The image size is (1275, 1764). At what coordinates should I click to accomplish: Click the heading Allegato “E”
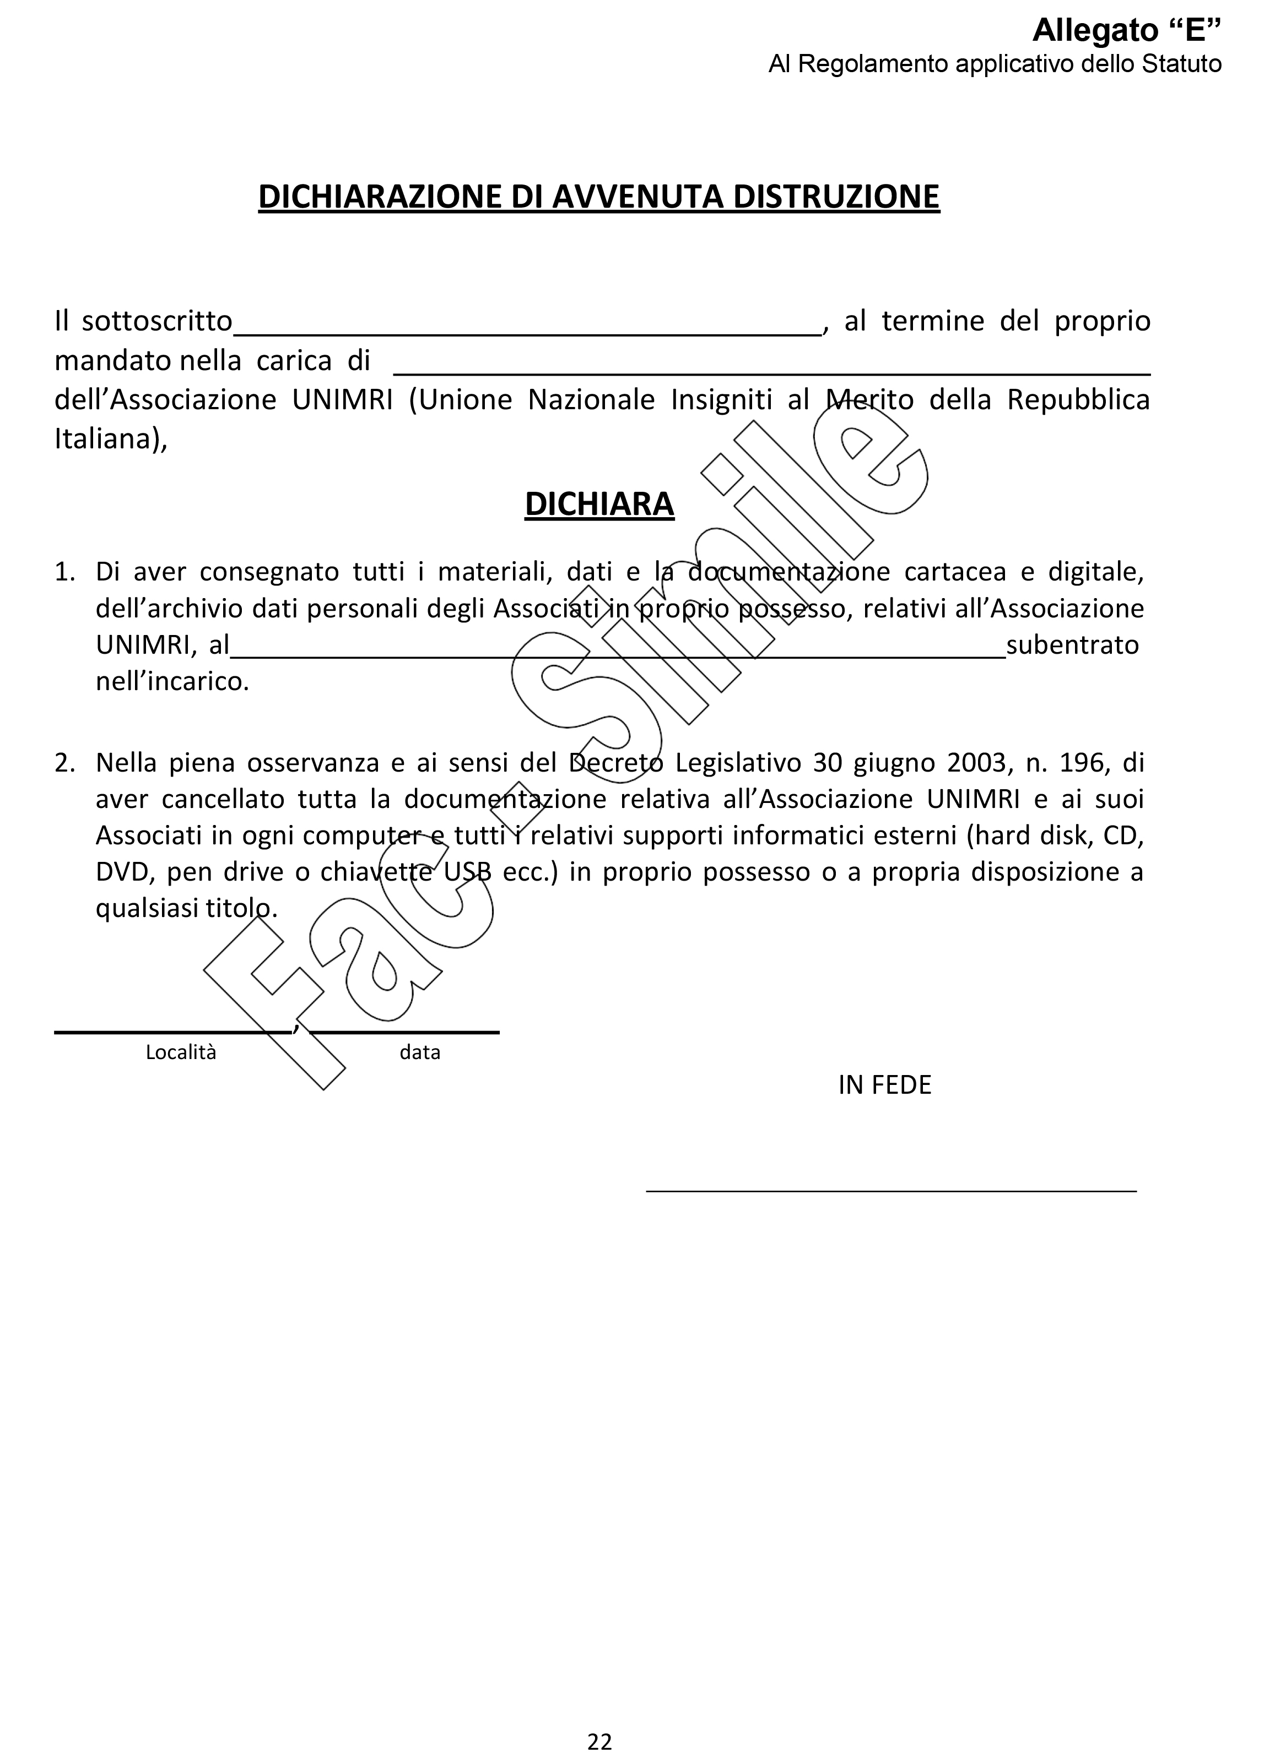pyautogui.click(x=1126, y=30)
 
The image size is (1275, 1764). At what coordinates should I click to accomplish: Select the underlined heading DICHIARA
pyautogui.click(x=599, y=504)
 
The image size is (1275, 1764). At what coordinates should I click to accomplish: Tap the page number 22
pyautogui.click(x=600, y=1741)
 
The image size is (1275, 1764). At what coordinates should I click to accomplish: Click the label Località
pyautogui.click(x=181, y=1052)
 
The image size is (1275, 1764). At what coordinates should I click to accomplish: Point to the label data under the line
pyautogui.click(x=420, y=1052)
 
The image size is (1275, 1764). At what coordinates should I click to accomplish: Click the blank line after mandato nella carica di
pyautogui.click(x=772, y=372)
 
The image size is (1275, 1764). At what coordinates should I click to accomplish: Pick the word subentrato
pyautogui.click(x=1072, y=645)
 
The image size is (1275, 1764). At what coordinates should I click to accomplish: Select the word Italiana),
pyautogui.click(x=110, y=439)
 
